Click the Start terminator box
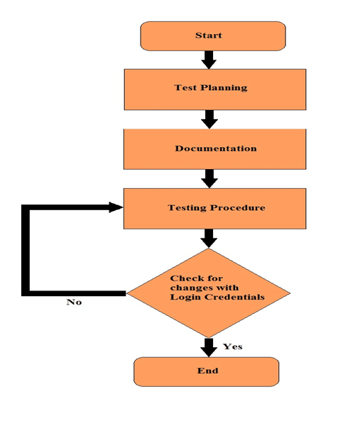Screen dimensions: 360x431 click(213, 36)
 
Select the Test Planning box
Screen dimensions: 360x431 click(215, 89)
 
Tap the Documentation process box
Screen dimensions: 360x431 click(214, 149)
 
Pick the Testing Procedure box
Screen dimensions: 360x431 click(214, 209)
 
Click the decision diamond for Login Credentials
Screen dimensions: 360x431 click(209, 293)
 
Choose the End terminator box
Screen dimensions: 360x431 click(207, 372)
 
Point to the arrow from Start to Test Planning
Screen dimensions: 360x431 click(209, 60)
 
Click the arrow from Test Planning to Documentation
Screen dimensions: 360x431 click(209, 119)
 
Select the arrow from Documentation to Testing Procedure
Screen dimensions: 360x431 click(209, 179)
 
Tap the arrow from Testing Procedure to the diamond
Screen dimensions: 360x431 click(209, 239)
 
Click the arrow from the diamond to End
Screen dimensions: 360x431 click(209, 348)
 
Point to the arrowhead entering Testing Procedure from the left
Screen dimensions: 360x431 click(116, 207)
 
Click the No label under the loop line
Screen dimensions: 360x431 click(74, 302)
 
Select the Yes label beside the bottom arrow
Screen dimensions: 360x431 click(232, 347)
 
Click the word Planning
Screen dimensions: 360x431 click(224, 88)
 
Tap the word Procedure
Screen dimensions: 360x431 click(238, 207)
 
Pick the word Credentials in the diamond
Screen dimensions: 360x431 click(235, 297)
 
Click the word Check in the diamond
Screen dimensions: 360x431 click(186, 278)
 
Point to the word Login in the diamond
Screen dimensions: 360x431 click(185, 298)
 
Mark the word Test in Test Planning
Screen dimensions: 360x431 click(185, 87)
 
